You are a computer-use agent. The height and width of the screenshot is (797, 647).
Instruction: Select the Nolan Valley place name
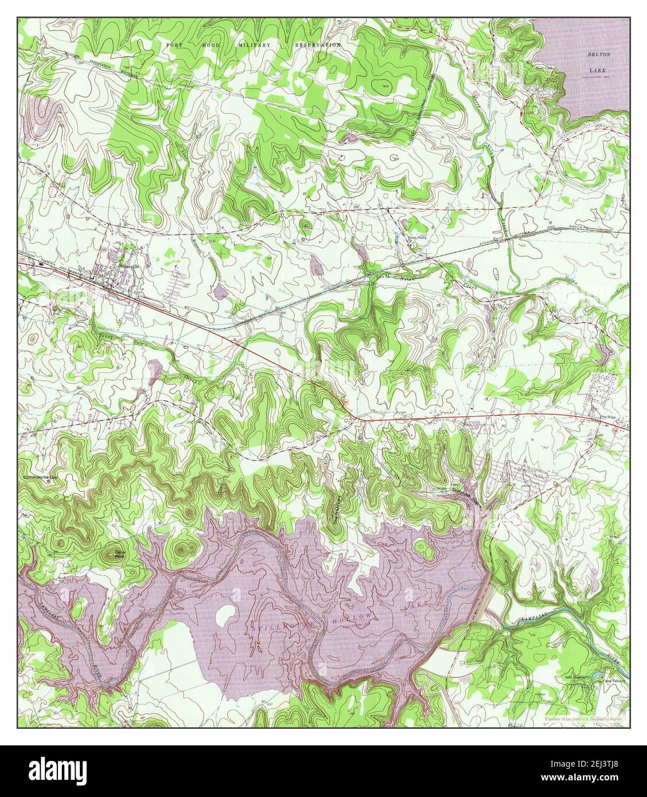(418, 239)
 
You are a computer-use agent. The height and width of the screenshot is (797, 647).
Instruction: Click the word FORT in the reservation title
(173, 45)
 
